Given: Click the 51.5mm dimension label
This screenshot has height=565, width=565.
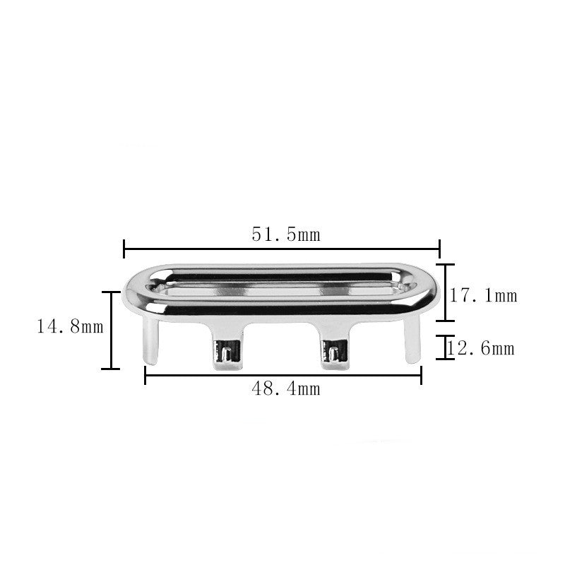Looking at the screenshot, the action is [x=286, y=234].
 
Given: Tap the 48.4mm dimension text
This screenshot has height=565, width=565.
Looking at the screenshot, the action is [x=286, y=389].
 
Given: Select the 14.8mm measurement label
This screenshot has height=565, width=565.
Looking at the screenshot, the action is [x=70, y=327].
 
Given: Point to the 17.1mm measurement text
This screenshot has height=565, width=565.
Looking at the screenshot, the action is [x=483, y=295].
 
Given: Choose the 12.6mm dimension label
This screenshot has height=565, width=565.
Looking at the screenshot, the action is [x=480, y=348].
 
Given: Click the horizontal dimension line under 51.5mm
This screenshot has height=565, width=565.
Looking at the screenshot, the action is [x=282, y=249].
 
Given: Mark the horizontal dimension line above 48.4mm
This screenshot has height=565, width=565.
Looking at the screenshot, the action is [x=283, y=375].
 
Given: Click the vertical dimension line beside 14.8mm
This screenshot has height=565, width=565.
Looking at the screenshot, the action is [x=111, y=331].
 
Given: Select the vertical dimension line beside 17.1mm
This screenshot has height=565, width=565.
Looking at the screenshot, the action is [x=446, y=292].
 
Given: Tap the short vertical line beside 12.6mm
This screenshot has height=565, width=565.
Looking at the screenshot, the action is [x=446, y=347].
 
